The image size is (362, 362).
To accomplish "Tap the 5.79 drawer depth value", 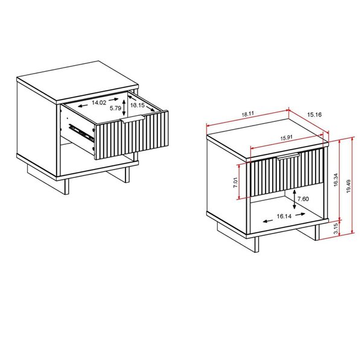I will pyautogui.click(x=116, y=109).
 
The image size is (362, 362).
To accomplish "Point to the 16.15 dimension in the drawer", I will pyautogui.click(x=138, y=104).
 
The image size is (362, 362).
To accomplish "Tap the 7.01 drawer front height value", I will pyautogui.click(x=236, y=181).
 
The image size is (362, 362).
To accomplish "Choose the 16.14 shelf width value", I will pyautogui.click(x=285, y=215).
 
